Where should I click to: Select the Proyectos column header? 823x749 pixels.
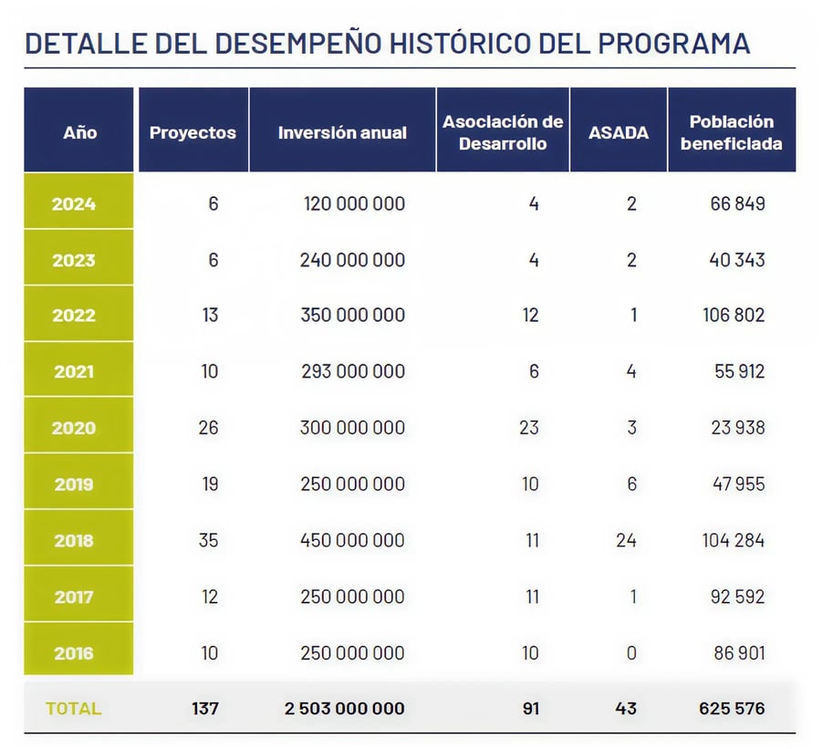[x=193, y=132]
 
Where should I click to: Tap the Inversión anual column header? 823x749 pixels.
[x=342, y=132]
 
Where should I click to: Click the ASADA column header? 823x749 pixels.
[x=619, y=132]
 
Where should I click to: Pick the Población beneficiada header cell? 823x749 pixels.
[x=731, y=132]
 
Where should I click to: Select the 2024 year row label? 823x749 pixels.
[x=74, y=203]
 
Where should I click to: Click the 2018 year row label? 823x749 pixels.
[x=74, y=540]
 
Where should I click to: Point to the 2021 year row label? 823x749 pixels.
[x=74, y=372]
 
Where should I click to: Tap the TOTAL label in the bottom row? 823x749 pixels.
[x=74, y=708]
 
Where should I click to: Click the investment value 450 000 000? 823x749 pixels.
[x=352, y=540]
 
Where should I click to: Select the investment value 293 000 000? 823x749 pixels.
[x=352, y=371]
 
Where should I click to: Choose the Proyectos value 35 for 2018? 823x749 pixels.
[x=208, y=540]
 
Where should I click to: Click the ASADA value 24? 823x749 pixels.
[x=626, y=540]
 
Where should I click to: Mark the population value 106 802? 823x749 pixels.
[x=734, y=316]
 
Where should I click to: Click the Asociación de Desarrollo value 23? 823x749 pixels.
[x=529, y=428]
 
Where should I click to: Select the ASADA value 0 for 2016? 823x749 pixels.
[x=631, y=653]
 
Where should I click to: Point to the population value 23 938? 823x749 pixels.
[x=738, y=428]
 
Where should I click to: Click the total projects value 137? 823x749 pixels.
[x=205, y=708]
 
